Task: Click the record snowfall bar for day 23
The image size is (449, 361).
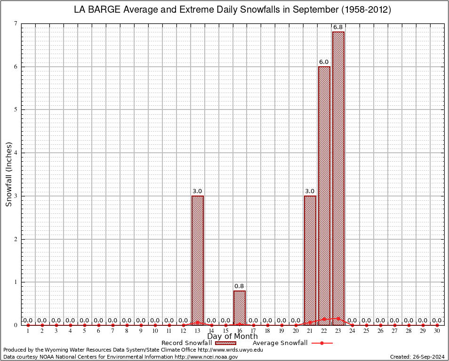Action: click(x=338, y=179)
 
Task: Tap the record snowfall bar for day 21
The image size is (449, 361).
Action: click(x=310, y=260)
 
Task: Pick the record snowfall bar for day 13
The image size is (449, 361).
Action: click(x=197, y=260)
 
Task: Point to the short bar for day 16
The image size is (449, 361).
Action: click(x=239, y=308)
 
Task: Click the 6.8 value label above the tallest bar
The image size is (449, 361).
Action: click(x=338, y=27)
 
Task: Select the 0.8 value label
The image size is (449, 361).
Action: click(x=239, y=286)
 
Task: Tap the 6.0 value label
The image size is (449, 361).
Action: click(x=324, y=62)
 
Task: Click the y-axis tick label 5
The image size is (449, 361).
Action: click(x=16, y=110)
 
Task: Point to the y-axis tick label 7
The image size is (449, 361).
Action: click(x=16, y=24)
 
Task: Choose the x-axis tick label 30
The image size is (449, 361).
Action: click(x=437, y=331)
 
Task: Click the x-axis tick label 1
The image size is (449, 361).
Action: click(x=28, y=331)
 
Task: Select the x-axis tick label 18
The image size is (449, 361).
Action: click(x=267, y=331)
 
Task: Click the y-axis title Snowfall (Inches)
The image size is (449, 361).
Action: click(x=8, y=174)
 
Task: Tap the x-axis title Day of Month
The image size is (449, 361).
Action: click(x=233, y=337)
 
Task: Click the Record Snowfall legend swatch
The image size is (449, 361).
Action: click(x=225, y=343)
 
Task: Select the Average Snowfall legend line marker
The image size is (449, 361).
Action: click(x=321, y=343)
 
